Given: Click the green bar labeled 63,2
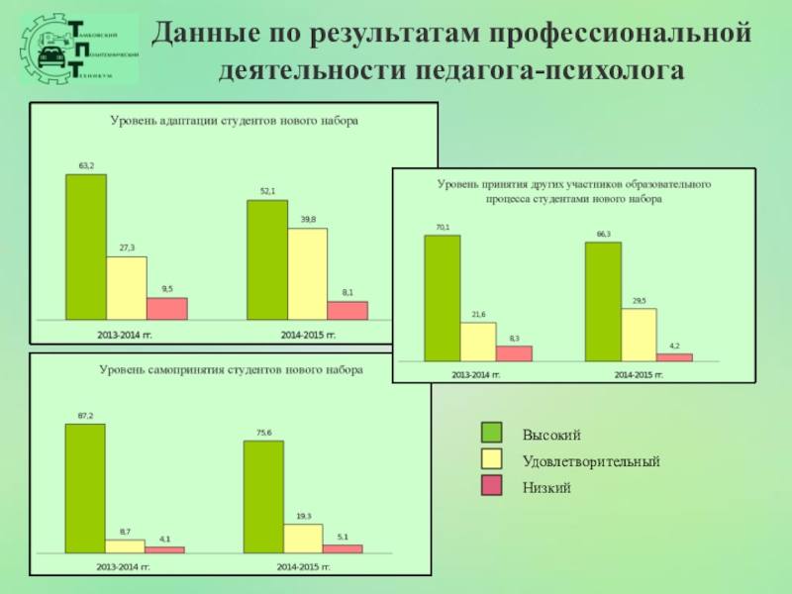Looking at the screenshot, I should pyautogui.click(x=86, y=247).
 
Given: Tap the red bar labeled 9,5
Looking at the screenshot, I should pyautogui.click(x=167, y=308).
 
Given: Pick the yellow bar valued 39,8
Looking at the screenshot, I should pyautogui.click(x=307, y=273).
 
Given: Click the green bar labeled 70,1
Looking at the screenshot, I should pyautogui.click(x=442, y=297).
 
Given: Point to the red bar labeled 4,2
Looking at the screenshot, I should pyautogui.click(x=674, y=356).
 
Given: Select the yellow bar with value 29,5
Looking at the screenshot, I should pyautogui.click(x=639, y=335).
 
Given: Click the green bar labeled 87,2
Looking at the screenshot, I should pyautogui.click(x=85, y=487).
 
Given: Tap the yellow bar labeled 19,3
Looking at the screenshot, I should pyautogui.click(x=303, y=537).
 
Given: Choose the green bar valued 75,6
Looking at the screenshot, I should pyautogui.click(x=263, y=495).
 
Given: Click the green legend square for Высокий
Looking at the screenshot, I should pyautogui.click(x=492, y=434).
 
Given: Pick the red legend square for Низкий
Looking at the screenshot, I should pyautogui.click(x=492, y=486).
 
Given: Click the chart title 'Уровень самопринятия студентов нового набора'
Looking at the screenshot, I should pyautogui.click(x=231, y=369).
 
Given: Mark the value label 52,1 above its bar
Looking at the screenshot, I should pyautogui.click(x=267, y=190).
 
